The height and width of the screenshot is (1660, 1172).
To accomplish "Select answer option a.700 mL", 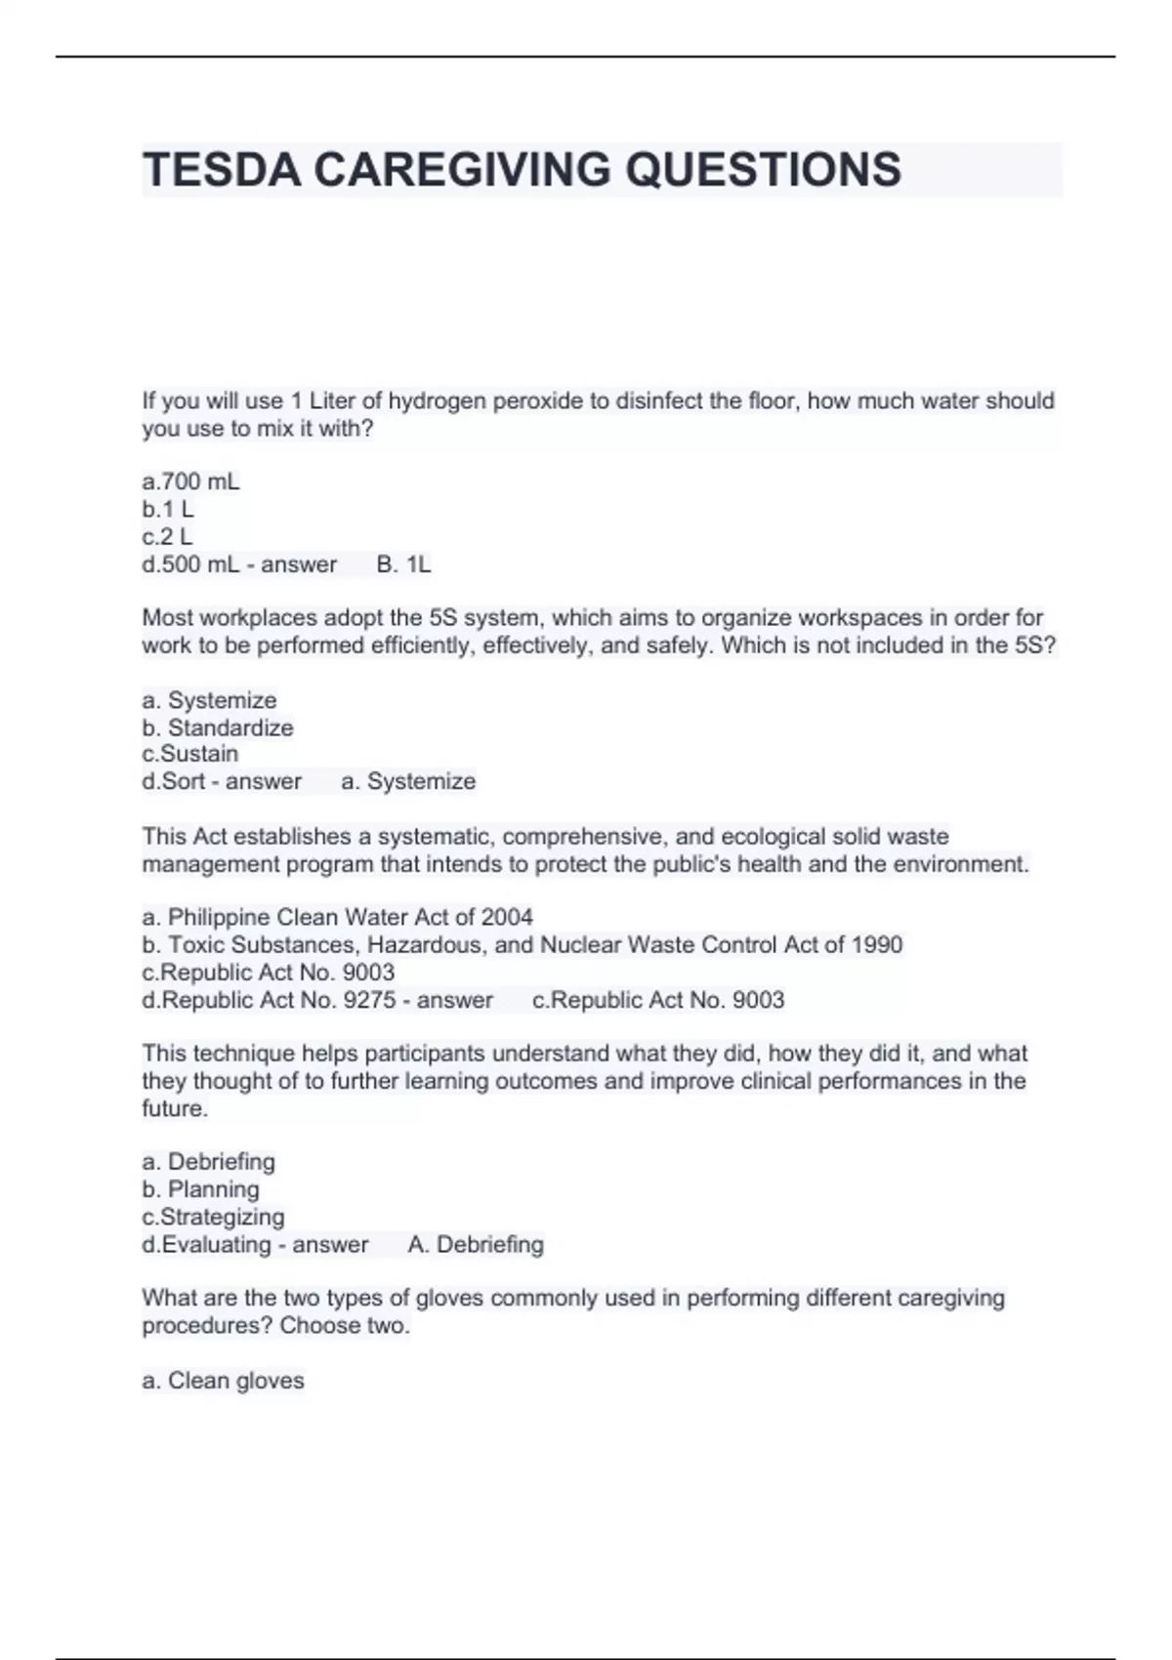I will click(190, 481).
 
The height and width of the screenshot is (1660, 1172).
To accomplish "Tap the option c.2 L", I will click(167, 536).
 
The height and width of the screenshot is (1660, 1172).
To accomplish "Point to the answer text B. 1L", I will click(403, 564).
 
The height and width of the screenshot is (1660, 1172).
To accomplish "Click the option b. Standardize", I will click(217, 727).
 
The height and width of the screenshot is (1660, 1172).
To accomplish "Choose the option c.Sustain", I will click(189, 754).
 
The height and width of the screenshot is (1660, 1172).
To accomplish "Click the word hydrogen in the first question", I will click(438, 401).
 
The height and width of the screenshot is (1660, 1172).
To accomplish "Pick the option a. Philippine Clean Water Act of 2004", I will click(337, 917).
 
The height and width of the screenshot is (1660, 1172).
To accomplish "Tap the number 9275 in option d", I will click(369, 1000).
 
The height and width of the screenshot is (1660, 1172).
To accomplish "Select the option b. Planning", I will click(200, 1189).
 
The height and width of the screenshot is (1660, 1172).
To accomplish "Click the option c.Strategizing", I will click(213, 1217).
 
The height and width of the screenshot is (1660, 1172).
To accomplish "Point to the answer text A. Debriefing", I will click(476, 1244).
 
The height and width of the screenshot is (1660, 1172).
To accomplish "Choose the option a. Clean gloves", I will click(223, 1381).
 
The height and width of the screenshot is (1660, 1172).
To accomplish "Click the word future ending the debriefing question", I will click(174, 1108).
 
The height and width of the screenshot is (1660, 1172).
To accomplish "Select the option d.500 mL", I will click(190, 564).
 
